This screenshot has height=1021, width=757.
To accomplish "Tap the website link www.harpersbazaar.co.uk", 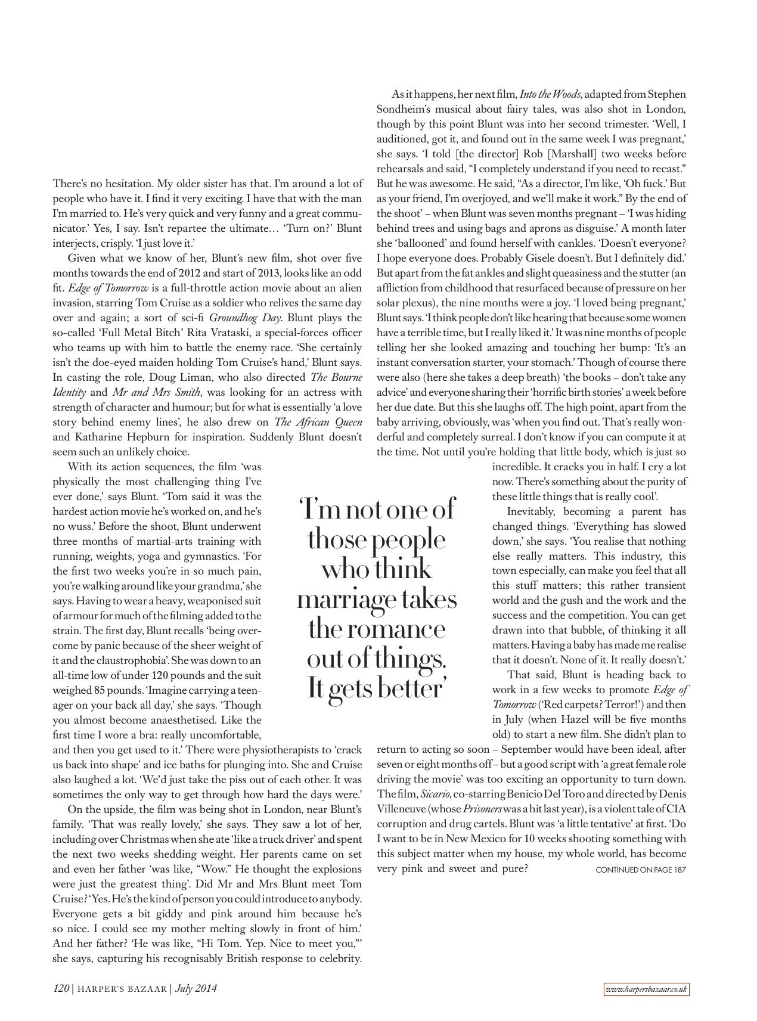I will [646, 989].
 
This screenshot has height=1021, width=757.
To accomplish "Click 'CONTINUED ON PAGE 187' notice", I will [641, 870].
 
